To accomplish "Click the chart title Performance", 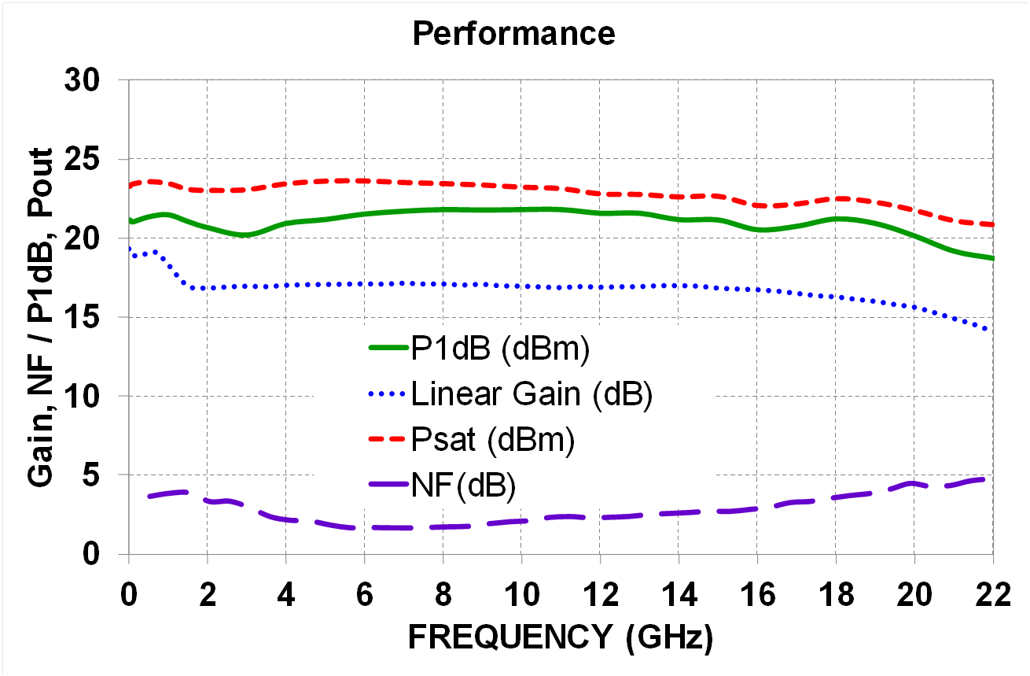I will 514,34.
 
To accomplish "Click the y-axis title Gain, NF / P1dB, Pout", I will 41,317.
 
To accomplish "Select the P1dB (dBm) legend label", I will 500,349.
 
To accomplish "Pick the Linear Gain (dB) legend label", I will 532,395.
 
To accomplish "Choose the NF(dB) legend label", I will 463,486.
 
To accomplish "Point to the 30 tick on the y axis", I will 94,81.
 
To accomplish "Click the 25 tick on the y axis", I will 94,160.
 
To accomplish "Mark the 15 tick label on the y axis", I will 94,318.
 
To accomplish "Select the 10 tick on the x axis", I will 521,596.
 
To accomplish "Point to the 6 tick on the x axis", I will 364,596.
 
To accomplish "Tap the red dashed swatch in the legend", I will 387,441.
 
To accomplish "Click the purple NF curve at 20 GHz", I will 913,483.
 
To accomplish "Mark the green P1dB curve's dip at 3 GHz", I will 245,235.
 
